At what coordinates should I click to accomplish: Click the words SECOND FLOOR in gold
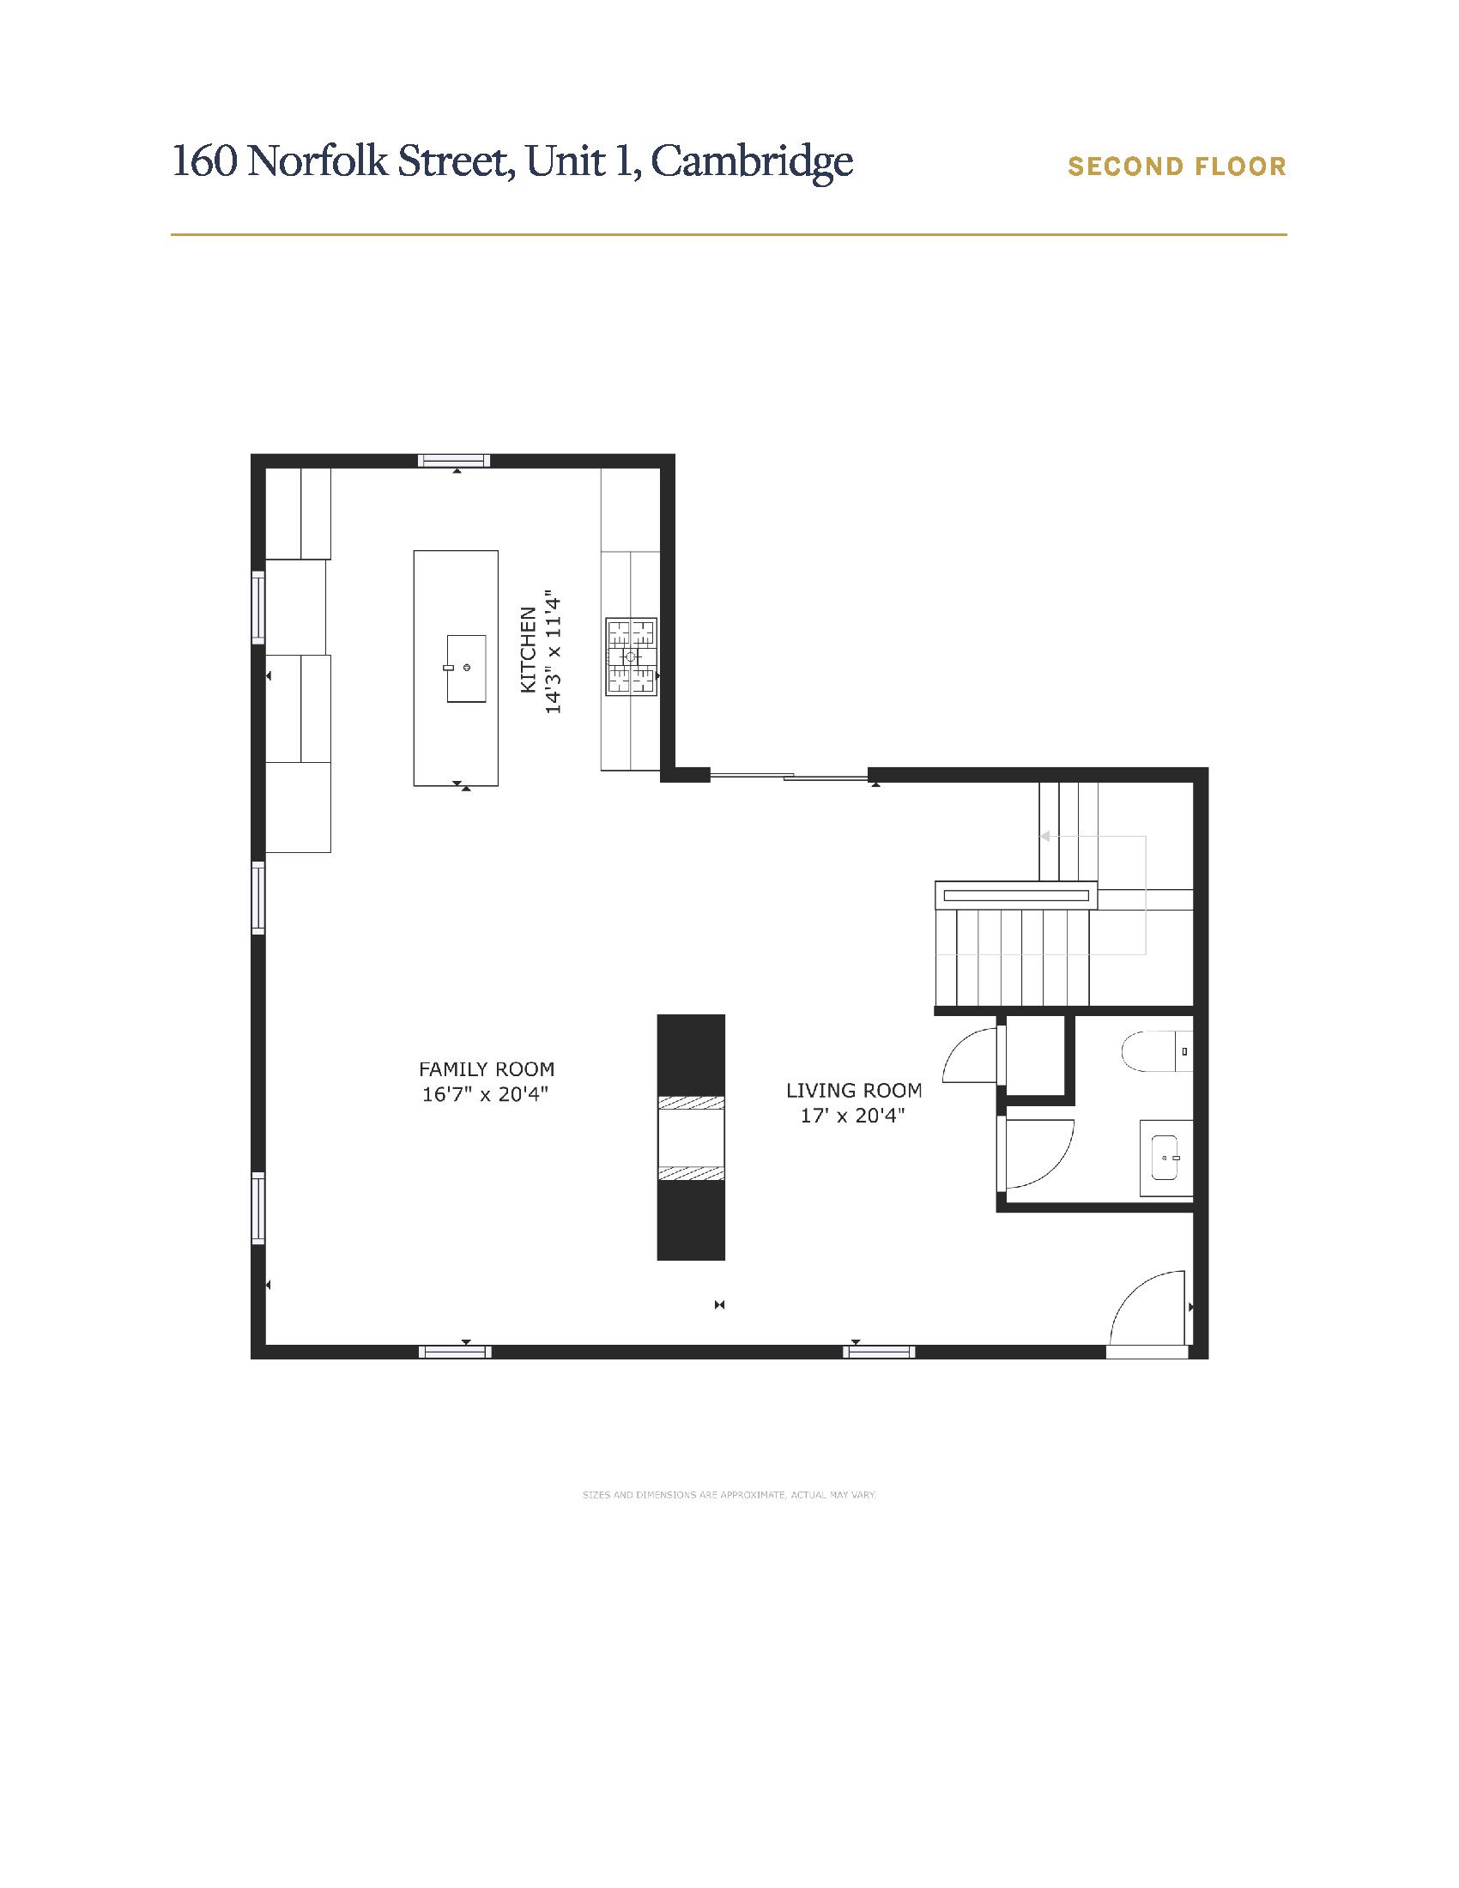tap(1177, 166)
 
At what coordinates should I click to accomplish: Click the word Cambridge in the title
tap(752, 160)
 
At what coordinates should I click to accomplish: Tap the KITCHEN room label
tap(528, 651)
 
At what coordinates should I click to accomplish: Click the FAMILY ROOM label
tap(487, 1069)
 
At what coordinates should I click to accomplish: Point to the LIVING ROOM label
tap(854, 1091)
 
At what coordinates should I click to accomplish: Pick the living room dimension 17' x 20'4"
tap(852, 1116)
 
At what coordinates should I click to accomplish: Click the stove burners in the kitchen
tap(631, 657)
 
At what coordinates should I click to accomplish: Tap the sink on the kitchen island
tap(466, 669)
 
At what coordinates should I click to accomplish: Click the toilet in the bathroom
tap(1158, 1051)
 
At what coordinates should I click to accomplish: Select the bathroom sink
tap(1166, 1158)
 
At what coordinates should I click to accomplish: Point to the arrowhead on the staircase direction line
tap(1045, 836)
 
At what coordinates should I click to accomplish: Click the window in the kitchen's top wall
tap(454, 461)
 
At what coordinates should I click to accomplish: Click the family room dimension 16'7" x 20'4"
tap(486, 1094)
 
